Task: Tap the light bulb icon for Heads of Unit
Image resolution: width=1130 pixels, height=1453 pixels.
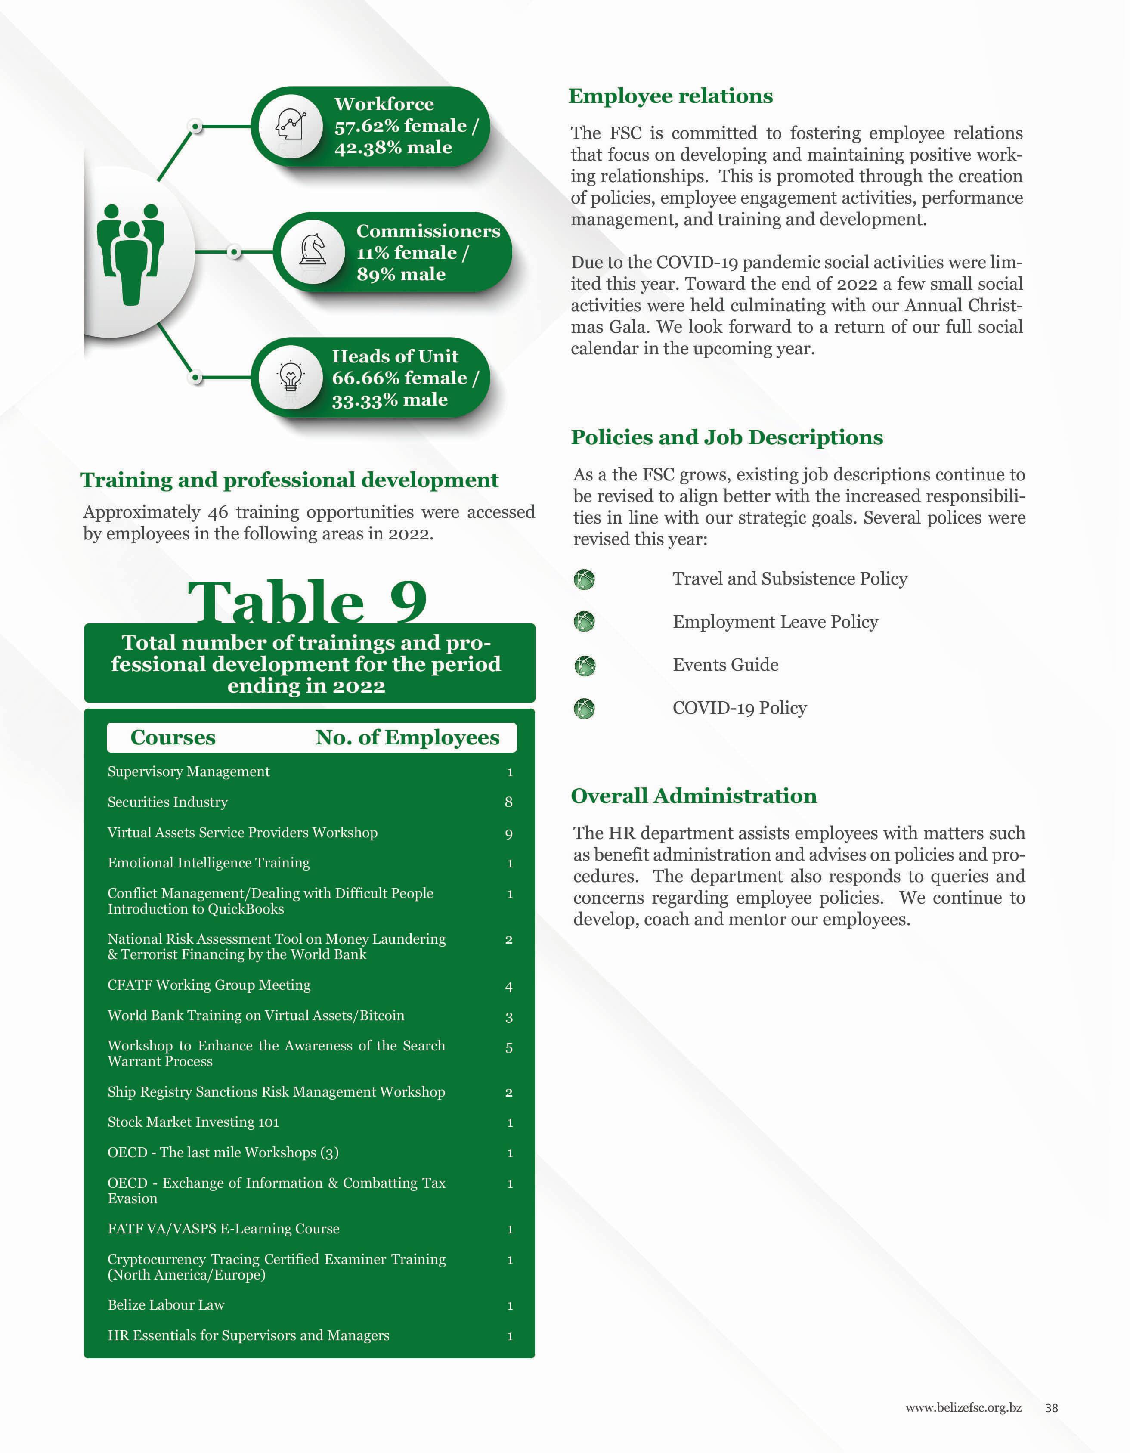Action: click(290, 377)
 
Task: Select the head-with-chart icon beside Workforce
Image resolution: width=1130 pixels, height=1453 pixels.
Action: click(291, 125)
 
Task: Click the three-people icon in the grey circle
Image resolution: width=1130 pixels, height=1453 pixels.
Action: click(130, 253)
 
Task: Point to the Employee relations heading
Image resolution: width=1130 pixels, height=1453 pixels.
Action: click(670, 96)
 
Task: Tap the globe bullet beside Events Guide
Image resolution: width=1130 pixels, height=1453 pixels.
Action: click(584, 665)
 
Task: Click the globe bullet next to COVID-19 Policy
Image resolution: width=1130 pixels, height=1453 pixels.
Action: click(584, 709)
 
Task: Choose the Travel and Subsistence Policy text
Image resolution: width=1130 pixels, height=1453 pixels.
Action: click(789, 579)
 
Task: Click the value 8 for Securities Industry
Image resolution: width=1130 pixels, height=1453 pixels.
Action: click(509, 802)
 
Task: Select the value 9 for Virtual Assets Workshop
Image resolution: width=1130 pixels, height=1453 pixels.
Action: click(509, 833)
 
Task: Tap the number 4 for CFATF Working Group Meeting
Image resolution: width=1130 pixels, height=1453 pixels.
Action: click(509, 987)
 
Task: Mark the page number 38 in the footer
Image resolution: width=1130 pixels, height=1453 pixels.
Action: click(1052, 1408)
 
